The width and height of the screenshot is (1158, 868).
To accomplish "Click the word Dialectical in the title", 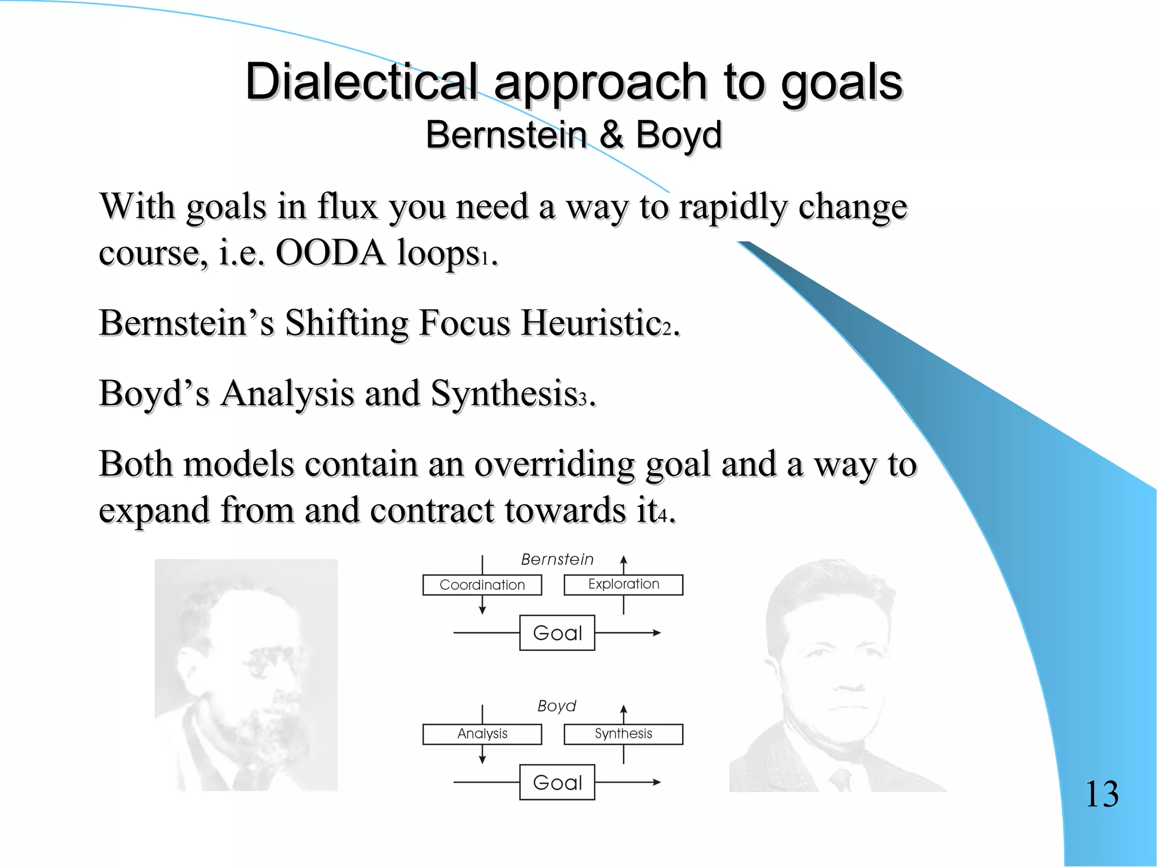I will coord(362,82).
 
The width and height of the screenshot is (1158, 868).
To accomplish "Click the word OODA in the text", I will coord(330,253).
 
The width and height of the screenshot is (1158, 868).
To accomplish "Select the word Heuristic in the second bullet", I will coord(590,323).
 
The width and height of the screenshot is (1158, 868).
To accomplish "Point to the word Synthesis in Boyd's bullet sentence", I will coord(503,393).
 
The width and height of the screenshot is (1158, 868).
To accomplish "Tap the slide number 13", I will coord(1101,794).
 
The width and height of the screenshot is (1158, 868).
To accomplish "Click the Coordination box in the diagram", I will coord(482,585).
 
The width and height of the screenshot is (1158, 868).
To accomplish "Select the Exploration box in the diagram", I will coord(623,584).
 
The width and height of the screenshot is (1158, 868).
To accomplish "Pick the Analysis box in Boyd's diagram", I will coord(482,734).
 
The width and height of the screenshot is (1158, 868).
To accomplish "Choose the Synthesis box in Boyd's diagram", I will coord(623,734).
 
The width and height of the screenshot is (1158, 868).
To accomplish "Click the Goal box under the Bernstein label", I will coord(557,633).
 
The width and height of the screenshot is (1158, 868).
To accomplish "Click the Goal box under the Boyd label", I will coord(557,783).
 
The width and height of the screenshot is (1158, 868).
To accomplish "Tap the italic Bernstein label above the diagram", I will coord(557,559).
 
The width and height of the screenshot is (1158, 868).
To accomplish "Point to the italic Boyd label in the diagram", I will coord(556,706).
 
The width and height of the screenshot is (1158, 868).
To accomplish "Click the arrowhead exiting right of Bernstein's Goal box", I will coord(656,633).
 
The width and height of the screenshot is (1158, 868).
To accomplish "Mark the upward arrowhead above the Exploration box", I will coord(624,560).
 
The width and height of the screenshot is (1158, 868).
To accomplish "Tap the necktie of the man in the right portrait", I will coord(841,780).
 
